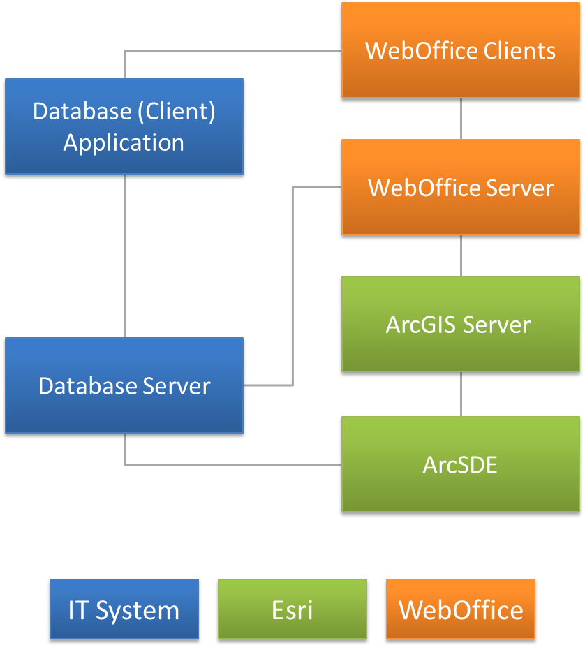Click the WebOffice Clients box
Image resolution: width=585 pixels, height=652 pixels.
pos(460,50)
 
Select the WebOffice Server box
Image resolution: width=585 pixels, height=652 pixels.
pos(460,187)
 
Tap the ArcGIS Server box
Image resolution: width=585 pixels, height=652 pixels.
pos(460,324)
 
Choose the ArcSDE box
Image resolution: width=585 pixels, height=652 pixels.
pos(460,464)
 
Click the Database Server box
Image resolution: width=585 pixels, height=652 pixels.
pos(124,385)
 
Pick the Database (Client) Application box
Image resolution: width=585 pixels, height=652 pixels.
pos(124,126)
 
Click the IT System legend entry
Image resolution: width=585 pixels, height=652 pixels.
pos(124,609)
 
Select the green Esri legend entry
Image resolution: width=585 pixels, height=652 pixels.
pos(292,609)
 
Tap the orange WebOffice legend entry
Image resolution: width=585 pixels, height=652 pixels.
pos(461,609)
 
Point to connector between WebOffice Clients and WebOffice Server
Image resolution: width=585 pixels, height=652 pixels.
pos(461,119)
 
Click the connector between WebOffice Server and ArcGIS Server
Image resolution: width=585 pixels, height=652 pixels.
pos(461,255)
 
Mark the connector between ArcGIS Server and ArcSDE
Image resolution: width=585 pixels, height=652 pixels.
pos(461,394)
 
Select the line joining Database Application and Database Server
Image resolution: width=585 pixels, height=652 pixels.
pos(124,255)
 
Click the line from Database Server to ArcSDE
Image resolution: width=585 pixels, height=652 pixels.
pos(230,464)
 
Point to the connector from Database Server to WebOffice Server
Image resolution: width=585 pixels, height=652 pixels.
pos(292,286)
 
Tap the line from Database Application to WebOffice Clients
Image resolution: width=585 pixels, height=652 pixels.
pos(230,50)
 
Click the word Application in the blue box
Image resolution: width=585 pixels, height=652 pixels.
pos(124,142)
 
